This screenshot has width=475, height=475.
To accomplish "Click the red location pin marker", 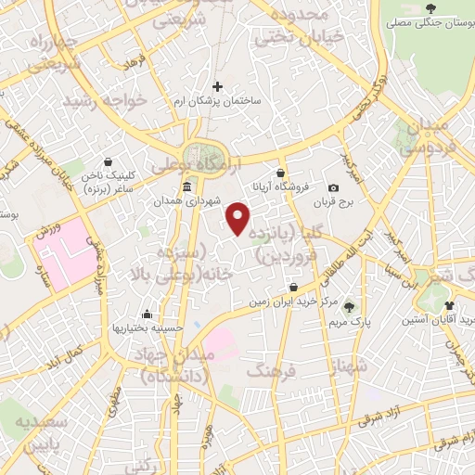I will tap(238, 220).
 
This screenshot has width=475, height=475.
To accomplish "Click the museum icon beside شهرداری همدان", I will tap(187, 186).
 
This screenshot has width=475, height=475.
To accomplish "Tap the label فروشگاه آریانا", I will tap(280, 186).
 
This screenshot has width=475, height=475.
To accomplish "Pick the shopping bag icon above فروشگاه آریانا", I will tap(280, 173).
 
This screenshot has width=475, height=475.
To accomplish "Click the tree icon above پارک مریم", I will tap(349, 307).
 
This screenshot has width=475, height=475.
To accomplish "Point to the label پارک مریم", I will tap(349, 322).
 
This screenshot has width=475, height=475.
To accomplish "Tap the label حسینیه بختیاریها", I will tap(148, 327).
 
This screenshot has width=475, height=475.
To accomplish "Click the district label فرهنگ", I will tap(271, 371).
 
